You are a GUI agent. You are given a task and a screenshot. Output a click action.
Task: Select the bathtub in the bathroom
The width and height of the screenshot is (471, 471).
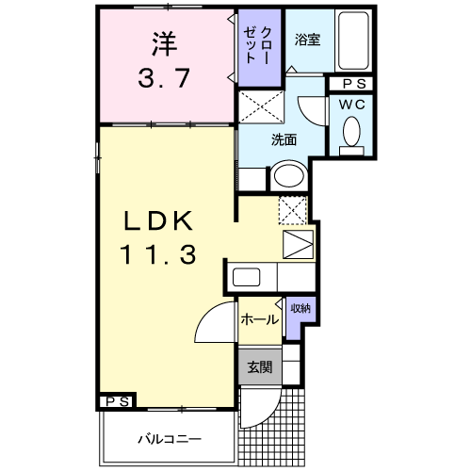point(354,42)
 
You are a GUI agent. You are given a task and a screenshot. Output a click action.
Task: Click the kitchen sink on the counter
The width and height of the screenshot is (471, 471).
point(249,279)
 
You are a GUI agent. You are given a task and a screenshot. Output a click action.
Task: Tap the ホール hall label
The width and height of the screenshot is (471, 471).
point(259,319)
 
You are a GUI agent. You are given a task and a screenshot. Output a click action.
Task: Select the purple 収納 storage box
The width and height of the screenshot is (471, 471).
point(299,314)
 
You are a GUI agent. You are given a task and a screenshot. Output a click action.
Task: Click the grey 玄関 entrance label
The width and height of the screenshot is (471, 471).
point(259,367)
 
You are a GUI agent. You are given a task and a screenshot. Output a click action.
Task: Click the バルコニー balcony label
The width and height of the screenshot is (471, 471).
point(167,438)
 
